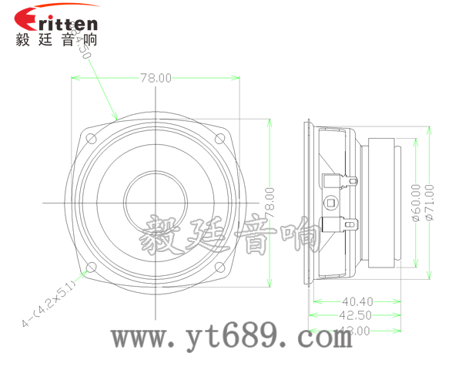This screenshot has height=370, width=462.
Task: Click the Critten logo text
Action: coord(58,17)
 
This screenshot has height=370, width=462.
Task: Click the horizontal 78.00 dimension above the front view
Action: coord(156,78)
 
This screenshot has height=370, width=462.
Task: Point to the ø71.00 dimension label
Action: coord(430,202)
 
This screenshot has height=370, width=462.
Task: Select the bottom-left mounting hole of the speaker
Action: coord(90,268)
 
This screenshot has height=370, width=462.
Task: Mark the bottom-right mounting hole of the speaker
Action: coord(221,268)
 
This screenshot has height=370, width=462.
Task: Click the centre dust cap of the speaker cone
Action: coord(156,202)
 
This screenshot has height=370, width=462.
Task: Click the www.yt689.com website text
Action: coord(232,337)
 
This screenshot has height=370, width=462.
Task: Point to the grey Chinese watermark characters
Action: coord(231,235)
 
